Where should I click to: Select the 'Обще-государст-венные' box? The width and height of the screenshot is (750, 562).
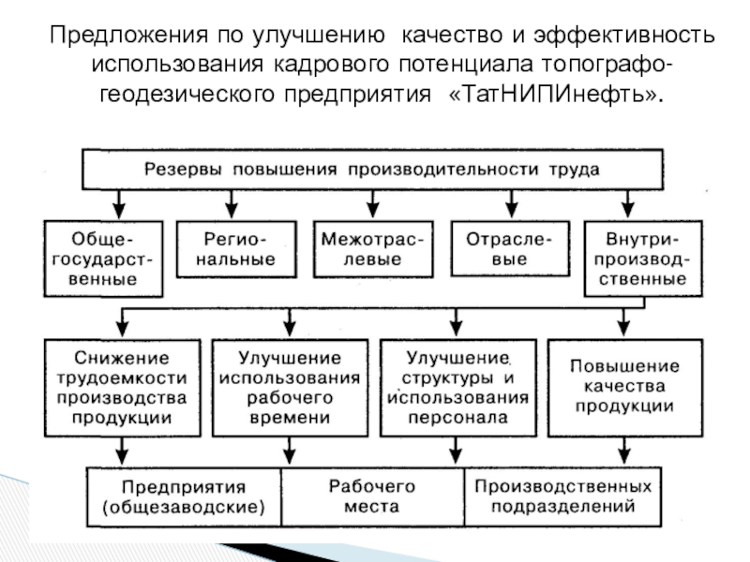tap(103, 255)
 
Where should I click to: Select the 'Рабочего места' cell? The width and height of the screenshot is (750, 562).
tap(372, 497)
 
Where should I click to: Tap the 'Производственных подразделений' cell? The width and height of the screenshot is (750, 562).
tap(562, 497)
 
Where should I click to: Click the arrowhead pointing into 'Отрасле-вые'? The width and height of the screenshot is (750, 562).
tap(509, 208)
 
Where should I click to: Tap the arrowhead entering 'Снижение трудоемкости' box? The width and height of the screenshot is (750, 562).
tap(123, 327)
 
